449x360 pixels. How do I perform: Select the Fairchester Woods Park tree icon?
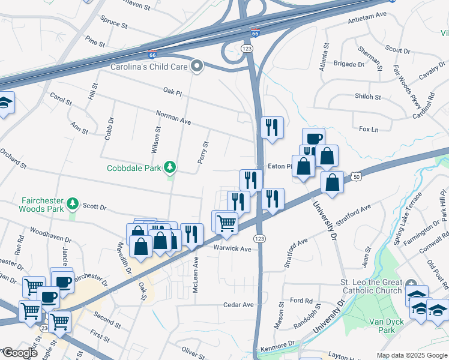73,203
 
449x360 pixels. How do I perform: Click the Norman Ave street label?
173,117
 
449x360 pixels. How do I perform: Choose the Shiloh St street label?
368,97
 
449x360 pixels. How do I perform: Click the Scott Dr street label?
94,206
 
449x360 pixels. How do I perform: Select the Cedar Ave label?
238,305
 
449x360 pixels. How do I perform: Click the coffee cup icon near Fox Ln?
313,139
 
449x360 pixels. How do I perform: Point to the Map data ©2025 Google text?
411,355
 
